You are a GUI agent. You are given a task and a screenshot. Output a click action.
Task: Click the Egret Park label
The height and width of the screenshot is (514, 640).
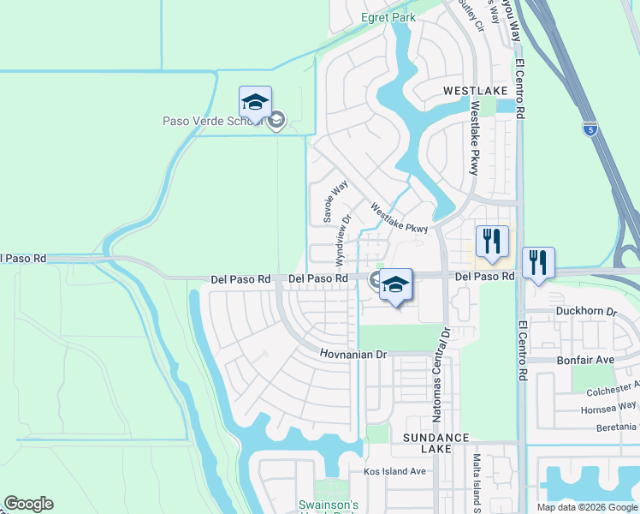click(388, 16)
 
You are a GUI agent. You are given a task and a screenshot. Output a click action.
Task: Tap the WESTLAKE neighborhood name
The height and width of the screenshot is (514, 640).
click(475, 90)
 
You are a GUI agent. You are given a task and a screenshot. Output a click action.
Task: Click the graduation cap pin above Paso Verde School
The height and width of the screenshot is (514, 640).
click(255, 104)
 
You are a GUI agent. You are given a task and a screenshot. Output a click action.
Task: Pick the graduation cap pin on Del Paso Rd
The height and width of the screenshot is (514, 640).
click(396, 286)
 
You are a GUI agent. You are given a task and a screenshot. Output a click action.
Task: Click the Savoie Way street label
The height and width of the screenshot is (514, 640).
click(334, 201)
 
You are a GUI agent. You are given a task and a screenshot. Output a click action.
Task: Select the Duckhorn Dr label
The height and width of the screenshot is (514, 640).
click(586, 311)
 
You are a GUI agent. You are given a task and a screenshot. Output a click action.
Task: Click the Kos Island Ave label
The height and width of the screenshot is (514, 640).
click(394, 471)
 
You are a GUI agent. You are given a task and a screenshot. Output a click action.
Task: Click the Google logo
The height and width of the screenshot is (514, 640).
click(28, 504)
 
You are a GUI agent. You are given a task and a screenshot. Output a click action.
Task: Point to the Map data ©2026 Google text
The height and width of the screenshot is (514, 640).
click(586, 507)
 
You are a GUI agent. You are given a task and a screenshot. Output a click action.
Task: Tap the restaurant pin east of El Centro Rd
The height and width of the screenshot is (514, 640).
click(538, 263)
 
